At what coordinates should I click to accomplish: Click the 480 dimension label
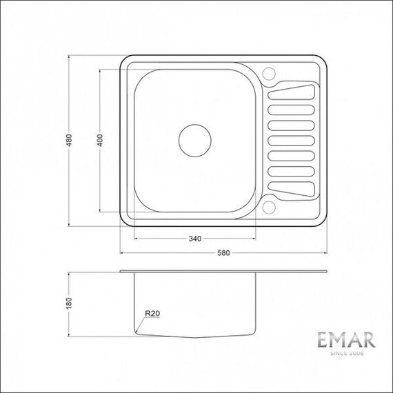tap(69, 141)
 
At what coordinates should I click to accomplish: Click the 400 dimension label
tap(100, 141)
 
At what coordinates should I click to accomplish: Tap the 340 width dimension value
tap(195, 239)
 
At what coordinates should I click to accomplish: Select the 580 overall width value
tap(223, 253)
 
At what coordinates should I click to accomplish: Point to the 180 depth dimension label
tap(69, 303)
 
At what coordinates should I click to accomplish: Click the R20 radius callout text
tap(152, 313)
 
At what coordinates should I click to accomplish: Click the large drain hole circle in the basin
tap(195, 141)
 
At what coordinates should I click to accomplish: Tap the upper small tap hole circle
tap(269, 74)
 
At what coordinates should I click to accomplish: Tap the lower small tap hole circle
tap(269, 208)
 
